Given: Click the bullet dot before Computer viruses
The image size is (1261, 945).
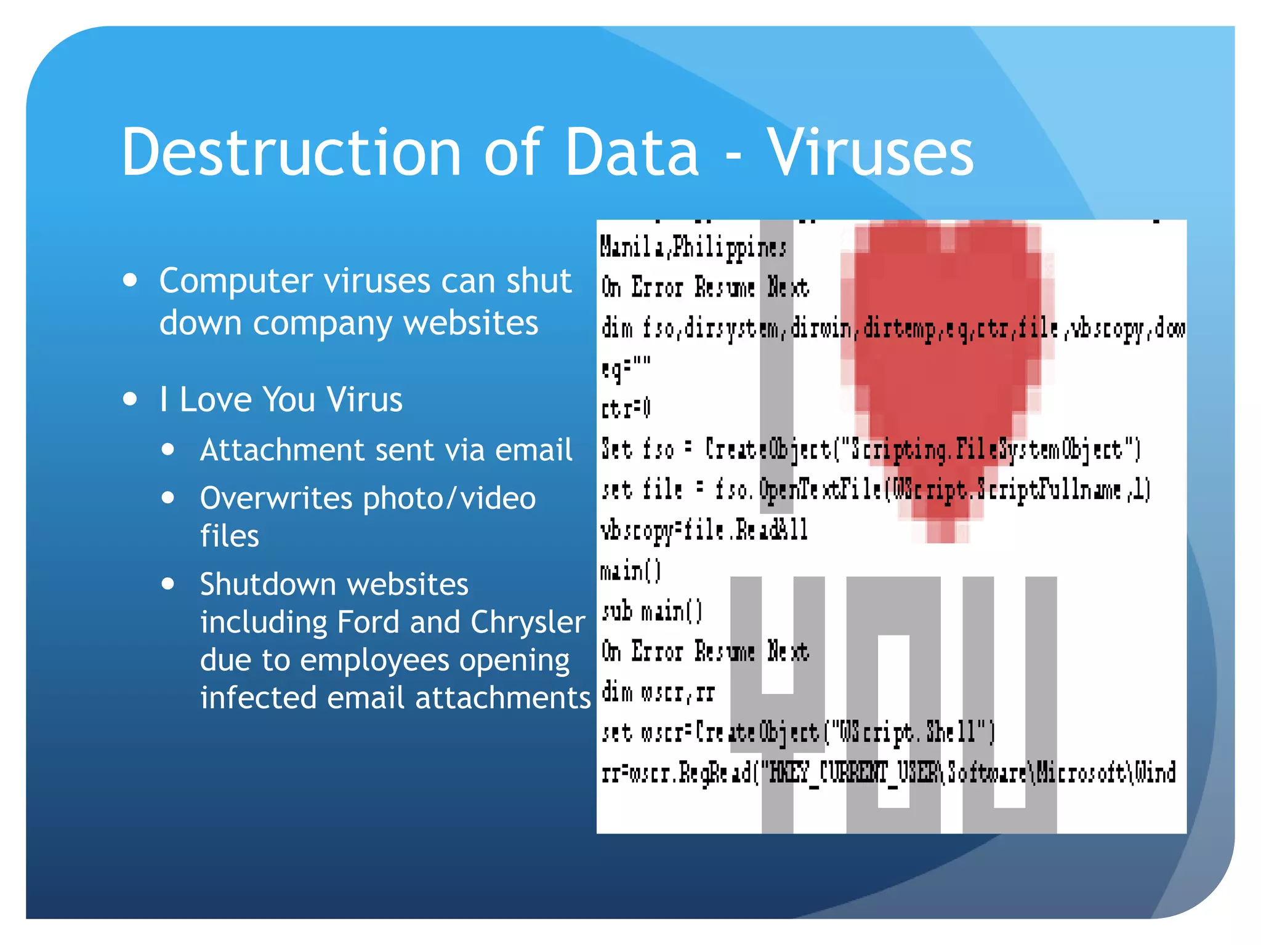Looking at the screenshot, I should pyautogui.click(x=130, y=281).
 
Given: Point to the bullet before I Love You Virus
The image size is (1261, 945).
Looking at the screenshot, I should pyautogui.click(x=130, y=399).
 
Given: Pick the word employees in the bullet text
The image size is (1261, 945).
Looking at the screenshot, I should pyautogui.click(x=373, y=660).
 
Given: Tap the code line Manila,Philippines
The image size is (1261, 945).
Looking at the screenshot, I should pyautogui.click(x=693, y=247).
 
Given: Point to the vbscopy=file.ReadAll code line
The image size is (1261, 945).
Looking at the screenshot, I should pyautogui.click(x=704, y=530).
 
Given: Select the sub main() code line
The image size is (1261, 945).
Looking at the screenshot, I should pyautogui.click(x=651, y=612).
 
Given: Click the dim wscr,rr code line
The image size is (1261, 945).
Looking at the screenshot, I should pyautogui.click(x=658, y=693).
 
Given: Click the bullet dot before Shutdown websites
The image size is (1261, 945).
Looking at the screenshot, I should pyautogui.click(x=168, y=584).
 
